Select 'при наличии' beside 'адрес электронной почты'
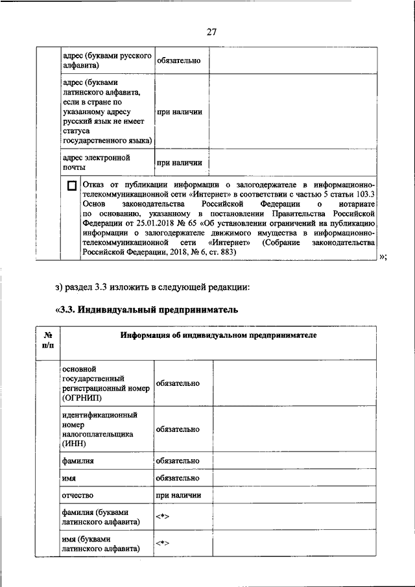tap(178, 163)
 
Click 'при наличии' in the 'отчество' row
tap(178, 495)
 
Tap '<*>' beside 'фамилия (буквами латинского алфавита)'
tap(162, 516)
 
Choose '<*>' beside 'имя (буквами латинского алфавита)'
tap(162, 544)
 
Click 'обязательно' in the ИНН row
tap(177, 429)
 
